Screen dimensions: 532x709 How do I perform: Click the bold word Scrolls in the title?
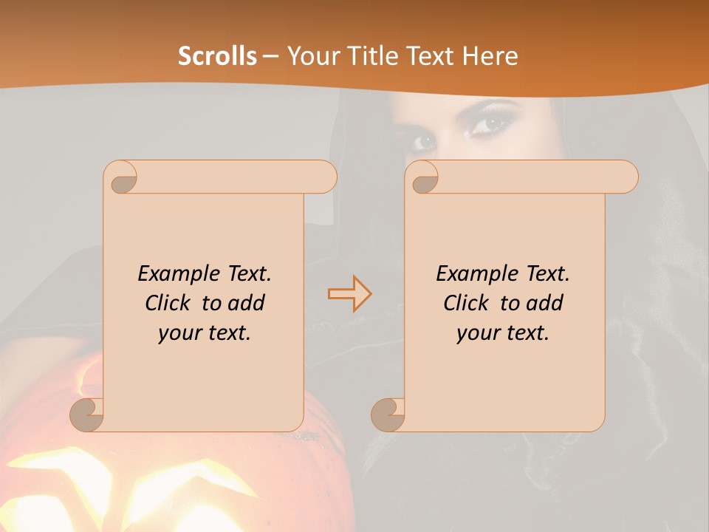(217, 56)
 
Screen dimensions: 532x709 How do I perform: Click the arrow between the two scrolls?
(349, 293)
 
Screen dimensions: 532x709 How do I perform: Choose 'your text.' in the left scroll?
(204, 332)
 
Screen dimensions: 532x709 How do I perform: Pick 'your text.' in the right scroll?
(502, 332)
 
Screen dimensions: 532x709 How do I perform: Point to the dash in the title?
(271, 56)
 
